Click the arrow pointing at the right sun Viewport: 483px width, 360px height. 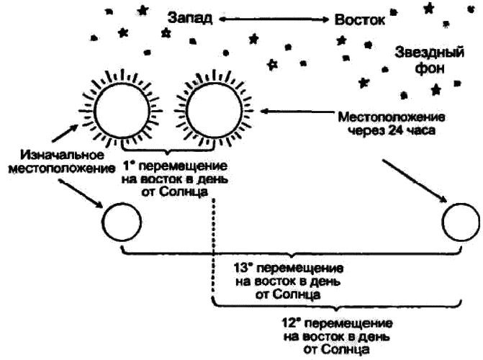[x=295, y=112]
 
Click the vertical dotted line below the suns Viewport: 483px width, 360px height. [x=213, y=245]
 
